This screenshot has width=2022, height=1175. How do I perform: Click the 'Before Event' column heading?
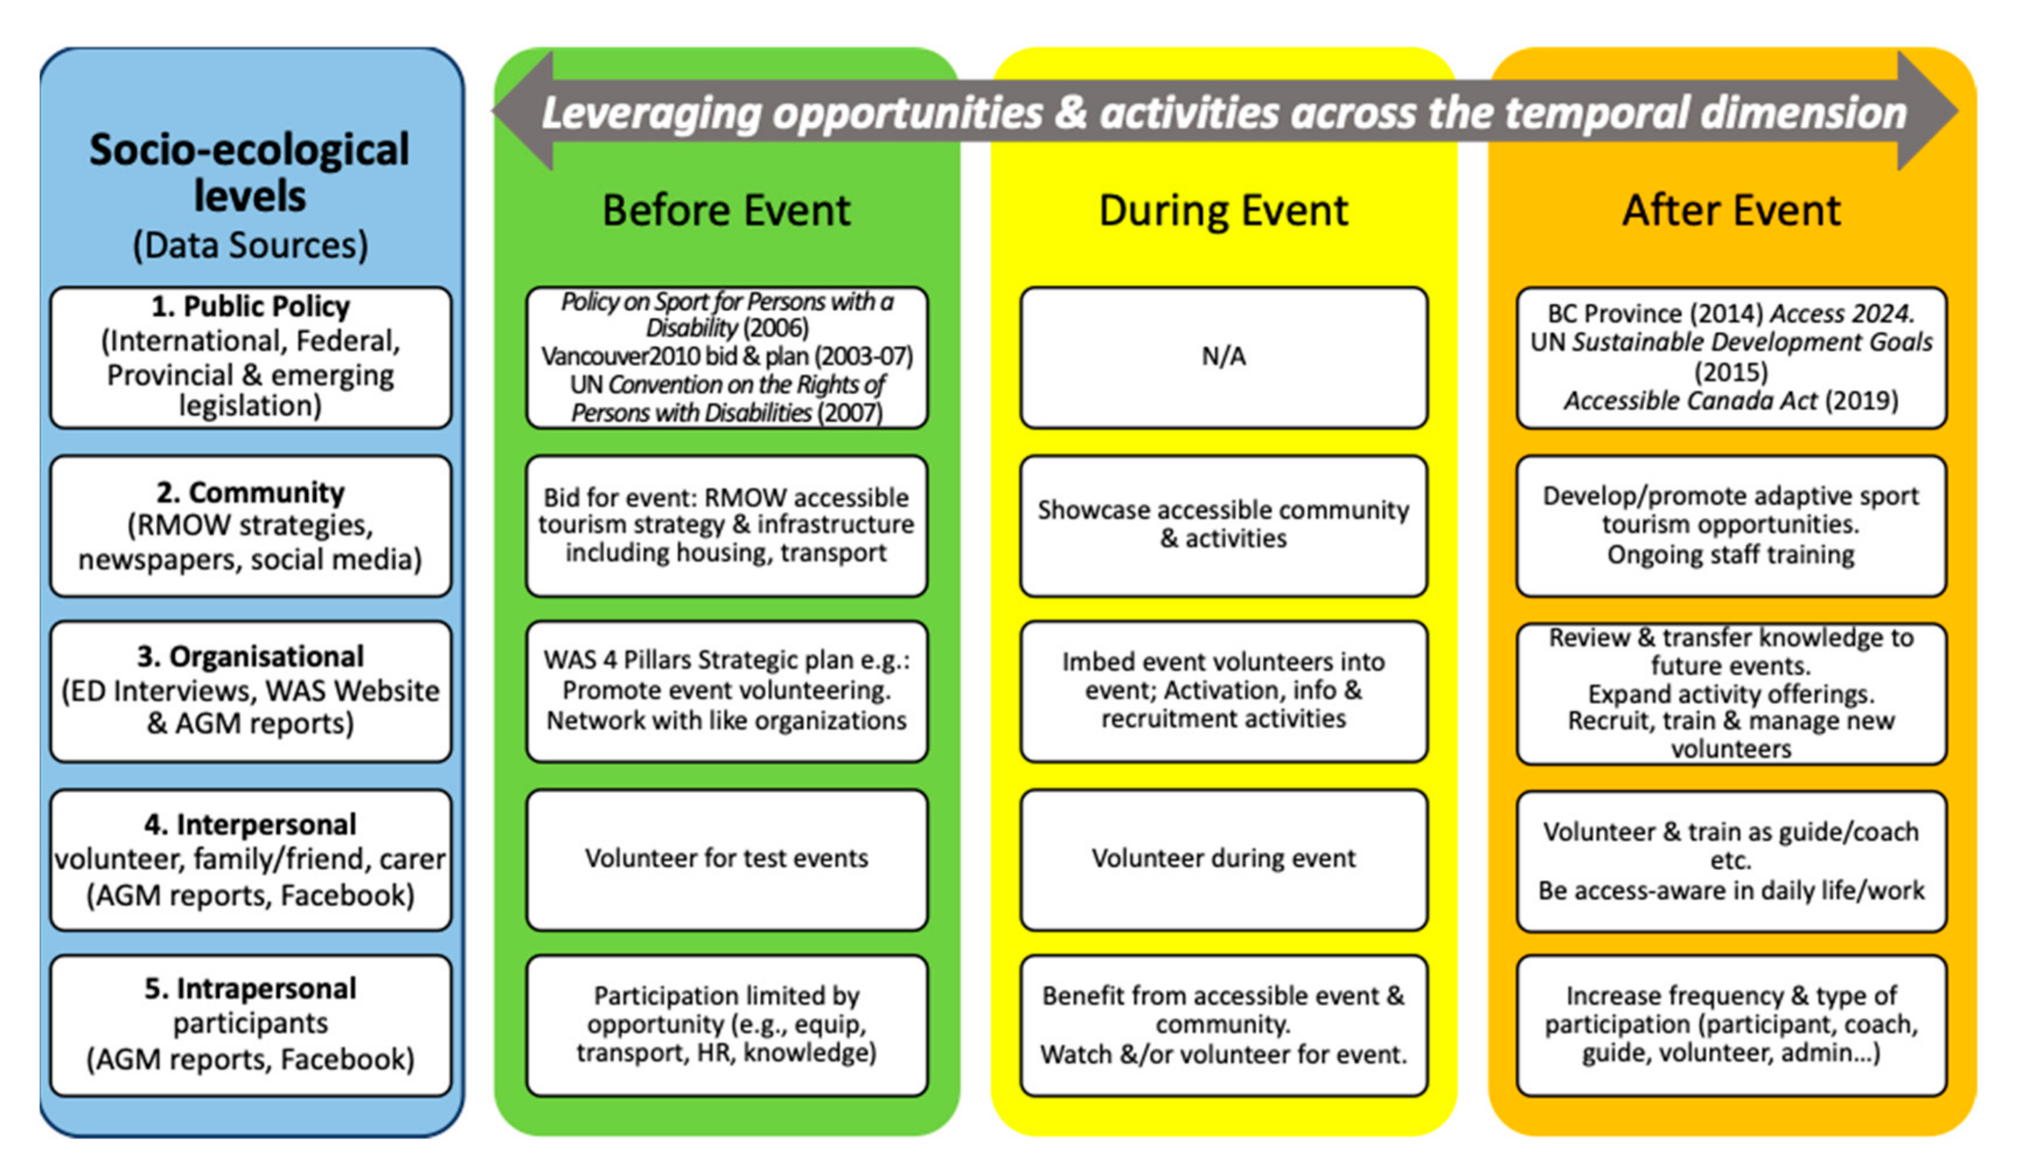pyautogui.click(x=726, y=210)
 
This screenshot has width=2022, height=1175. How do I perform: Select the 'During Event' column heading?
pyautogui.click(x=1223, y=210)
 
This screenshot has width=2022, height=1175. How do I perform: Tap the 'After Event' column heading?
pyautogui.click(x=1731, y=210)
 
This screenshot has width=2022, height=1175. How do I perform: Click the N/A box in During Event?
pyautogui.click(x=1223, y=357)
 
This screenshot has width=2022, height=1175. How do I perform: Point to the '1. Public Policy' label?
pyautogui.click(x=250, y=306)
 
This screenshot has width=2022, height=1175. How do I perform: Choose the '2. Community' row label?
pyautogui.click(x=250, y=492)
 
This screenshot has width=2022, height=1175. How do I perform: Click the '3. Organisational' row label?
pyautogui.click(x=250, y=656)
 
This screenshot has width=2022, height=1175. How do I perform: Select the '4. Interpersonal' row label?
pyautogui.click(x=250, y=824)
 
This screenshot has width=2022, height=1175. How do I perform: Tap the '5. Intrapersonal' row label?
pyautogui.click(x=250, y=989)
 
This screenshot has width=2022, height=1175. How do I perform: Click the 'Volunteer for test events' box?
pyautogui.click(x=727, y=860)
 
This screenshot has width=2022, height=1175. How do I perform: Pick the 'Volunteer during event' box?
pyautogui.click(x=1223, y=860)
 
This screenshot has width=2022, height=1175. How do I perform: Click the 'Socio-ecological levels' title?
pyautogui.click(x=250, y=172)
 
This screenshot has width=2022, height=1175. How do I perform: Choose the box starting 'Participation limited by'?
pyautogui.click(x=727, y=1025)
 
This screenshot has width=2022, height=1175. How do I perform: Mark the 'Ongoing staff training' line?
pyautogui.click(x=1731, y=555)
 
